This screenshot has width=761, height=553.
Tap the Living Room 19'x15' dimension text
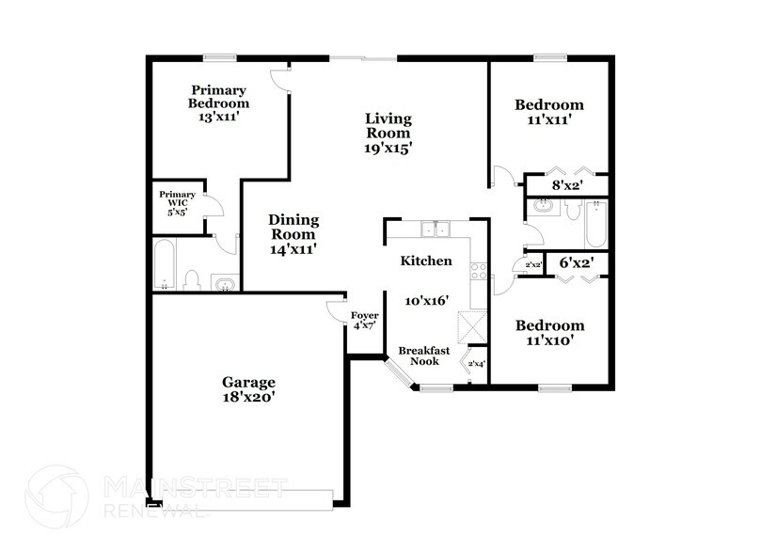pyautogui.click(x=388, y=148)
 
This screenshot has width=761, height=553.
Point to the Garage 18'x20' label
pyautogui.click(x=248, y=389)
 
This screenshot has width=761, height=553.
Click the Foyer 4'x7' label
pyautogui.click(x=364, y=320)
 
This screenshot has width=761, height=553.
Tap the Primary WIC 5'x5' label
pyautogui.click(x=177, y=203)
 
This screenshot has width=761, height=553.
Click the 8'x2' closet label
pyautogui.click(x=566, y=186)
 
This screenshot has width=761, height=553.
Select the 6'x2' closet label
pyautogui.click(x=575, y=263)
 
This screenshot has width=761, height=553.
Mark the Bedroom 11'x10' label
pyautogui.click(x=549, y=333)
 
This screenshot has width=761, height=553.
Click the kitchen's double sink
pyautogui.click(x=435, y=229)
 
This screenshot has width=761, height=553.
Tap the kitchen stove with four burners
pyautogui.click(x=478, y=271)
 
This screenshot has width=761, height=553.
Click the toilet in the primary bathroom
pyautogui.click(x=192, y=279)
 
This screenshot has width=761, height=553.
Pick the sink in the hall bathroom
pyautogui.click(x=543, y=205)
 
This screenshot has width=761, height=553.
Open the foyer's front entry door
pyautogui.click(x=336, y=309)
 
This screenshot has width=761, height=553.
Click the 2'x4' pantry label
pyautogui.click(x=476, y=363)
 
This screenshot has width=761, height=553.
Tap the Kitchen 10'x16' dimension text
pyautogui.click(x=426, y=301)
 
